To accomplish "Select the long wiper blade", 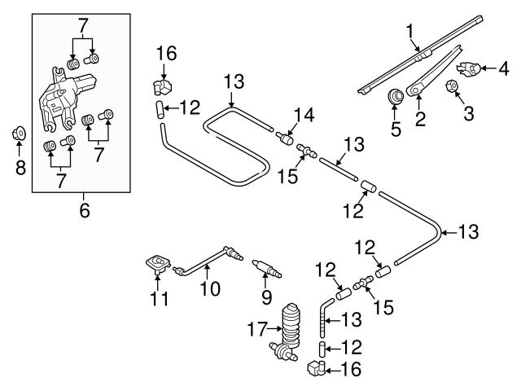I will (423, 52).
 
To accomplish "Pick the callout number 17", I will (256, 330).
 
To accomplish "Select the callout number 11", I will (160, 299).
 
